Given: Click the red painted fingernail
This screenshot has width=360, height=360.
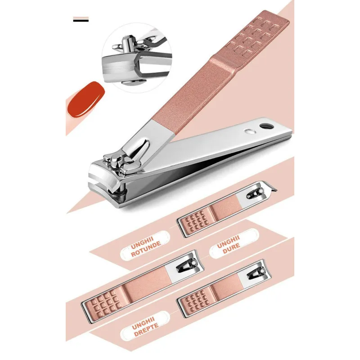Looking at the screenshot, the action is [x=86, y=99].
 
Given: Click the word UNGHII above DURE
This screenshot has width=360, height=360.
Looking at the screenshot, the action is [x=228, y=241].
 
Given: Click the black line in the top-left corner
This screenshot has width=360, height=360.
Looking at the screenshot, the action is [x=81, y=20].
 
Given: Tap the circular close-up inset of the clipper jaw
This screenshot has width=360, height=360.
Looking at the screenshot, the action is [x=137, y=58].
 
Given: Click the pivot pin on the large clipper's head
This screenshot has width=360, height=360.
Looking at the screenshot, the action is [x=114, y=162].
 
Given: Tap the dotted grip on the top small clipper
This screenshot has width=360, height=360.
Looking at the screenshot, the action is [x=197, y=221].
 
